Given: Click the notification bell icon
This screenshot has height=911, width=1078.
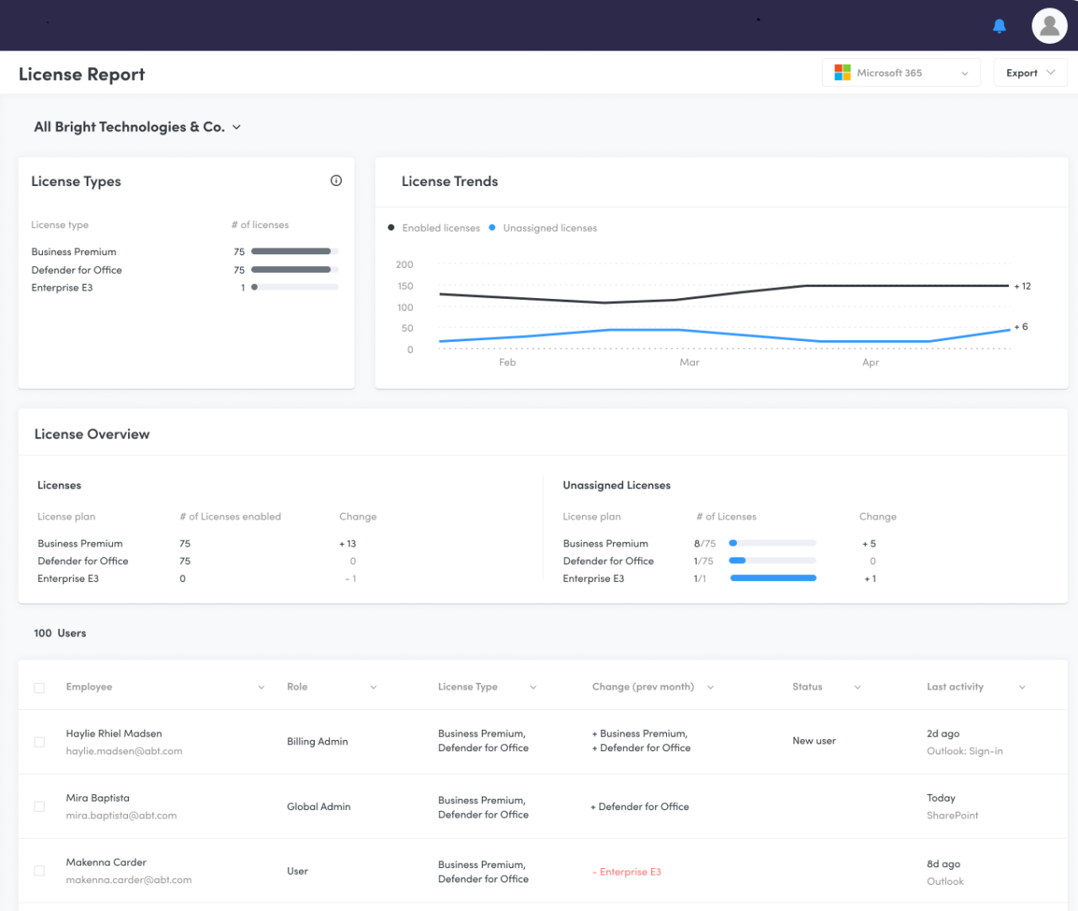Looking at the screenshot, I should pyautogui.click(x=999, y=26).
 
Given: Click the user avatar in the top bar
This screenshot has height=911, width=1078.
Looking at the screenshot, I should pyautogui.click(x=1049, y=26).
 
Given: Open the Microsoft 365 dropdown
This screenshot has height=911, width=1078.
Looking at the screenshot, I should pyautogui.click(x=901, y=73).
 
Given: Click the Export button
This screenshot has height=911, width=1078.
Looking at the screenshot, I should pyautogui.click(x=1029, y=73).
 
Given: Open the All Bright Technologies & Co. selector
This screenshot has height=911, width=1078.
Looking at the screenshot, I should pyautogui.click(x=137, y=127).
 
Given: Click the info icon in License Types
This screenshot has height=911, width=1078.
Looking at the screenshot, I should pyautogui.click(x=336, y=181).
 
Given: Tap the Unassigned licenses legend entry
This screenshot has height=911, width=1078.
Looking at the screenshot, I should pyautogui.click(x=549, y=228).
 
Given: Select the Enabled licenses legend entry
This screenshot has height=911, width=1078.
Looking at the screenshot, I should pyautogui.click(x=440, y=228).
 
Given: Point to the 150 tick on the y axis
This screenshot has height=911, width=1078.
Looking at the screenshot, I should pyautogui.click(x=405, y=286).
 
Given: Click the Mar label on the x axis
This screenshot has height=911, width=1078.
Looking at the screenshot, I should pyautogui.click(x=689, y=363).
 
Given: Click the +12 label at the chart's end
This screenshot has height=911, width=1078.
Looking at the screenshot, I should pyautogui.click(x=1022, y=286).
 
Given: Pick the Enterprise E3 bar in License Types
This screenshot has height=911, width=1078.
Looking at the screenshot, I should pyautogui.click(x=295, y=288).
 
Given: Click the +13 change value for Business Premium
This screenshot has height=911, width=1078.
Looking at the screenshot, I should pyautogui.click(x=348, y=544).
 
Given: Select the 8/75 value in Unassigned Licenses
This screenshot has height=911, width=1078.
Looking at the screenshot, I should pyautogui.click(x=704, y=544).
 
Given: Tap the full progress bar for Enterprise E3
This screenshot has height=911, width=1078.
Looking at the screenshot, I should pyautogui.click(x=772, y=578).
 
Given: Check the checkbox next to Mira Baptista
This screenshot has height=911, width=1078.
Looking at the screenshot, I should pyautogui.click(x=40, y=807).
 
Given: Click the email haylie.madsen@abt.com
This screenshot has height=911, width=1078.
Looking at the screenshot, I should pyautogui.click(x=124, y=751).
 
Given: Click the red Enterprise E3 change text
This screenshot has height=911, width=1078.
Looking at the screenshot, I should pyautogui.click(x=627, y=872).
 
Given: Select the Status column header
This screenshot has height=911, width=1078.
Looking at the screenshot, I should pyautogui.click(x=807, y=687).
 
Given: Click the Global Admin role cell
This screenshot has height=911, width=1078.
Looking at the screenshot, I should pyautogui.click(x=318, y=807).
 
